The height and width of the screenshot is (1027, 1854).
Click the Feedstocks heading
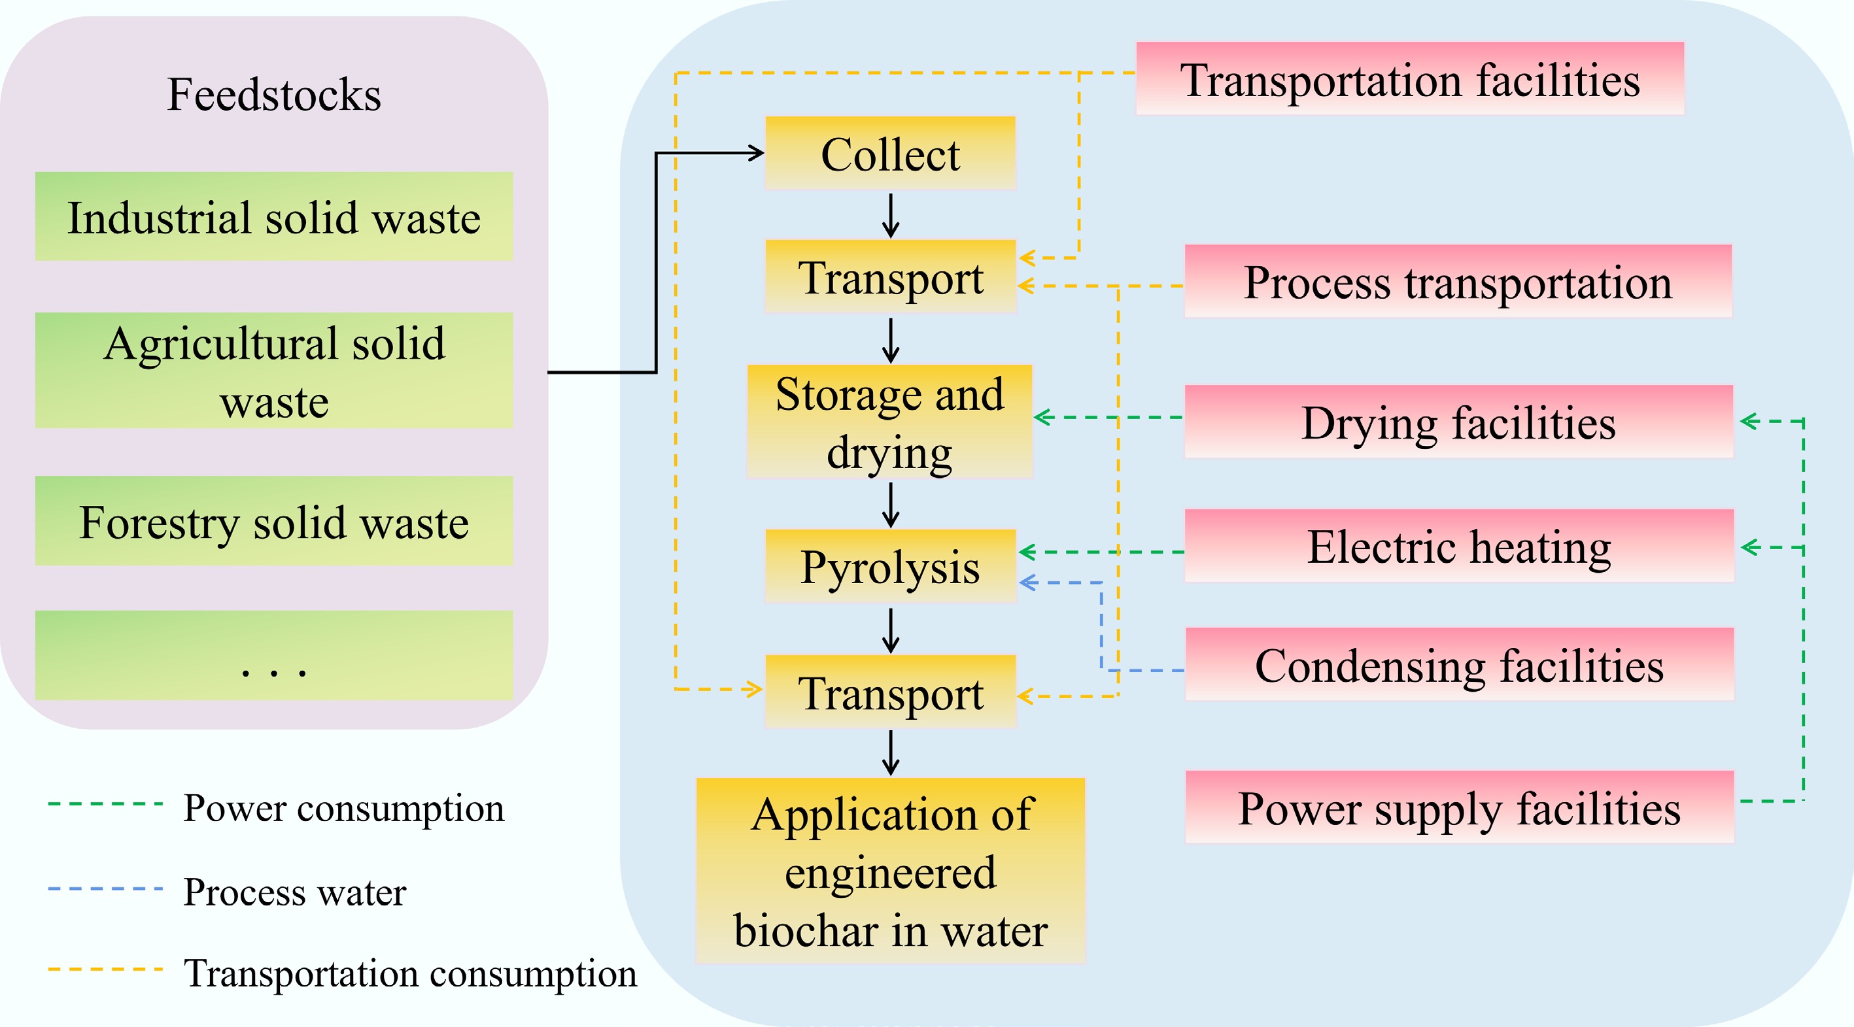(x=274, y=94)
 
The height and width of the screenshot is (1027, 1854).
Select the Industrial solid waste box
(x=274, y=216)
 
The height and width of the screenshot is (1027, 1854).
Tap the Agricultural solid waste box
(x=274, y=371)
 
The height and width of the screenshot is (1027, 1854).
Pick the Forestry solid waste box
(x=274, y=520)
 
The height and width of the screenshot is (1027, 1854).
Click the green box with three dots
(x=274, y=655)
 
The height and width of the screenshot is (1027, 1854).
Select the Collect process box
(x=890, y=153)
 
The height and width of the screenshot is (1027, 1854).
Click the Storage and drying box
(x=890, y=422)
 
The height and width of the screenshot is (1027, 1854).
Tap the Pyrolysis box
(x=890, y=565)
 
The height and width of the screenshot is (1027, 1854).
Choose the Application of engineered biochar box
(x=890, y=871)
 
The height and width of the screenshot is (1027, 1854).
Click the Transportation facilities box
(x=1409, y=78)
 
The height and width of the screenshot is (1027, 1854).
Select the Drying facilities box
(x=1459, y=422)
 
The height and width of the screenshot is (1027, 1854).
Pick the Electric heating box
(x=1459, y=547)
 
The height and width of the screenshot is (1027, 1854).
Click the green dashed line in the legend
(x=105, y=804)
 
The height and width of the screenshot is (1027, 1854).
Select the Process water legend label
(x=294, y=892)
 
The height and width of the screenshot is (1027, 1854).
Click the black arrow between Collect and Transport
(x=891, y=215)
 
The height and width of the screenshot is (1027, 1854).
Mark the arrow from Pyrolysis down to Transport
(x=891, y=630)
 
